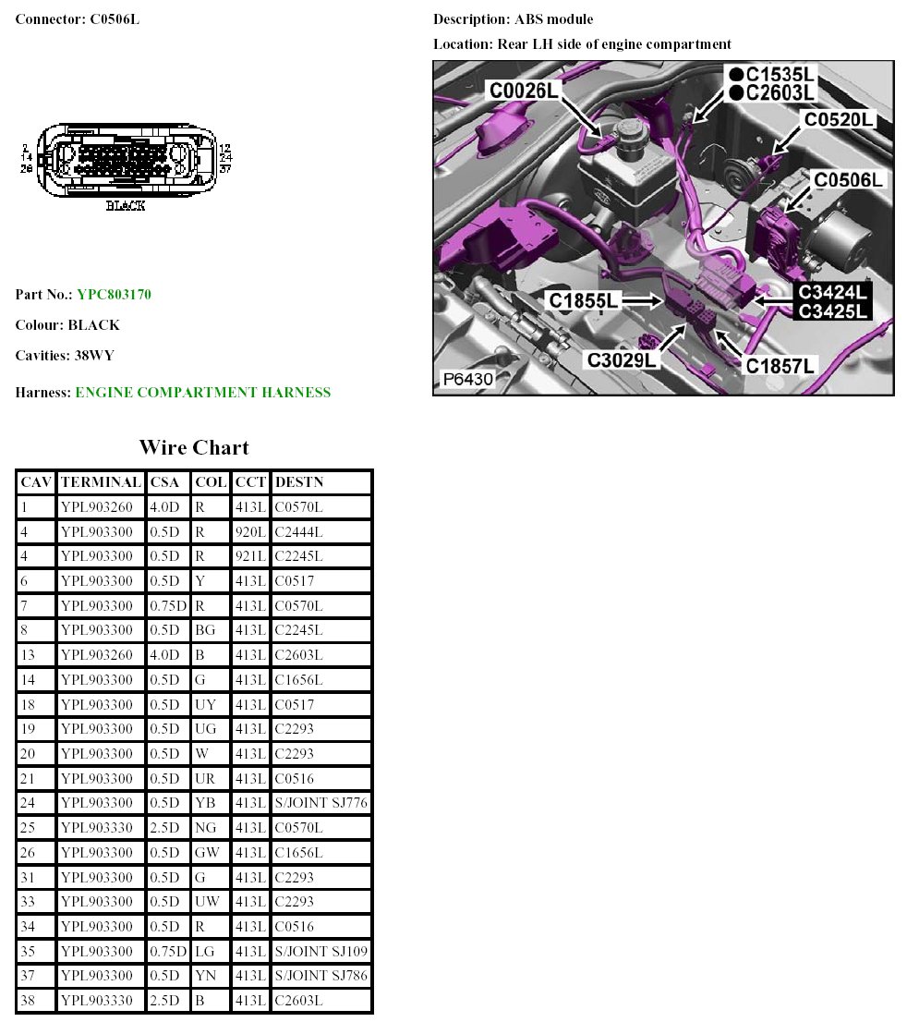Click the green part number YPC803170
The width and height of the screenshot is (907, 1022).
coord(114,295)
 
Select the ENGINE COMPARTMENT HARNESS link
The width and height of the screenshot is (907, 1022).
coord(202,393)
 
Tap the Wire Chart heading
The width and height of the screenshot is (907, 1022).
coord(194,448)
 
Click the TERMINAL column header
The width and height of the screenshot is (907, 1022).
coord(101,482)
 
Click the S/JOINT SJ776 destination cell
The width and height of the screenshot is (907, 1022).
coord(321,803)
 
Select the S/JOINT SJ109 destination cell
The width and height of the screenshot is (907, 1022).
coord(321,951)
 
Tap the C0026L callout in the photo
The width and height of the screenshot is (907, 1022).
coord(524,90)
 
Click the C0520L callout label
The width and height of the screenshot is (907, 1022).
coord(839,119)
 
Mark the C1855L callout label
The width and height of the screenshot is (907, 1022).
coord(584,300)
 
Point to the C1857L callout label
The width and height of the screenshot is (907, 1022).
coord(780,366)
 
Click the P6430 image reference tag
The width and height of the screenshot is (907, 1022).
coord(467,380)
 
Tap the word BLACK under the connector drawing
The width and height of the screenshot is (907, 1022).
coord(126,206)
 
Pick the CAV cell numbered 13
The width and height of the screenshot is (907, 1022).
coord(36,655)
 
